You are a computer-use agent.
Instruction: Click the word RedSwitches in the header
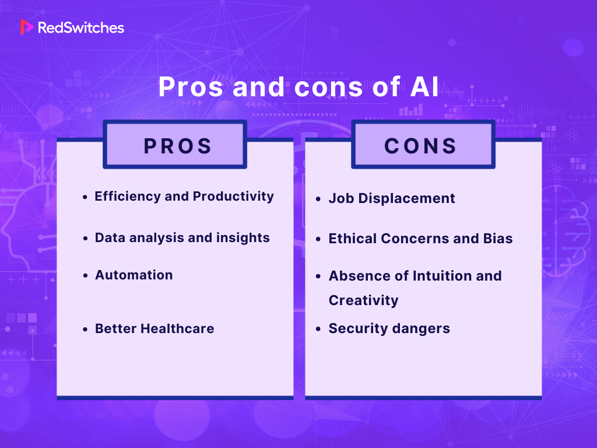(80, 27)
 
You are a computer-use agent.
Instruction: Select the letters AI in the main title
(420, 87)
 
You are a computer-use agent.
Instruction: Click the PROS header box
(175, 146)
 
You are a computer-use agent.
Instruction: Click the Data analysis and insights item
(182, 238)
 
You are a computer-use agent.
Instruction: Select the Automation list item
(134, 275)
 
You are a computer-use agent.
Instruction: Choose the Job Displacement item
(392, 198)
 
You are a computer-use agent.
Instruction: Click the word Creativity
(363, 301)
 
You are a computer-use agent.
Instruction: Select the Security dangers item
(389, 329)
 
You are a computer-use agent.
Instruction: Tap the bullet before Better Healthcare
(85, 330)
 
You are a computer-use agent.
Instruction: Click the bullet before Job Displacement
(318, 199)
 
